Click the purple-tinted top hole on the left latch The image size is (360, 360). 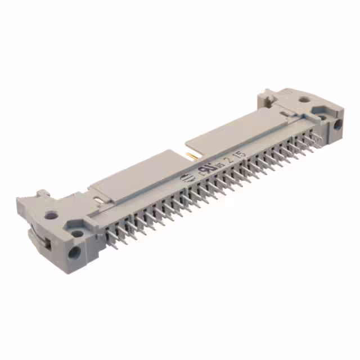pyautogui.click(x=51, y=214)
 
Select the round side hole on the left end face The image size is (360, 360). pyautogui.click(x=74, y=252)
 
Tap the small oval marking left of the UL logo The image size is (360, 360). pyautogui.click(x=184, y=179)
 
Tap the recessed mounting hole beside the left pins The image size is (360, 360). pyautogui.click(x=77, y=227)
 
